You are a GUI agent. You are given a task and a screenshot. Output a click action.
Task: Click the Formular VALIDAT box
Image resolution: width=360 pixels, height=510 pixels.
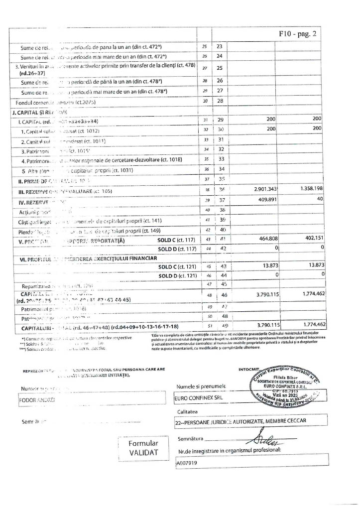click(x=143, y=447)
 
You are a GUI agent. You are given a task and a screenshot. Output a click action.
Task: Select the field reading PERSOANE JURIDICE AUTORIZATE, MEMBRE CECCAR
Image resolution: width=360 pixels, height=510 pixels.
click(x=239, y=421)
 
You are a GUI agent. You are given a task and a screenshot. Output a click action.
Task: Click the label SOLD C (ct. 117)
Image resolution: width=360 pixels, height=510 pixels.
click(x=172, y=241)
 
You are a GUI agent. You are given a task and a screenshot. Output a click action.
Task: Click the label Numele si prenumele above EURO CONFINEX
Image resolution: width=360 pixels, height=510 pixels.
click(x=201, y=386)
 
